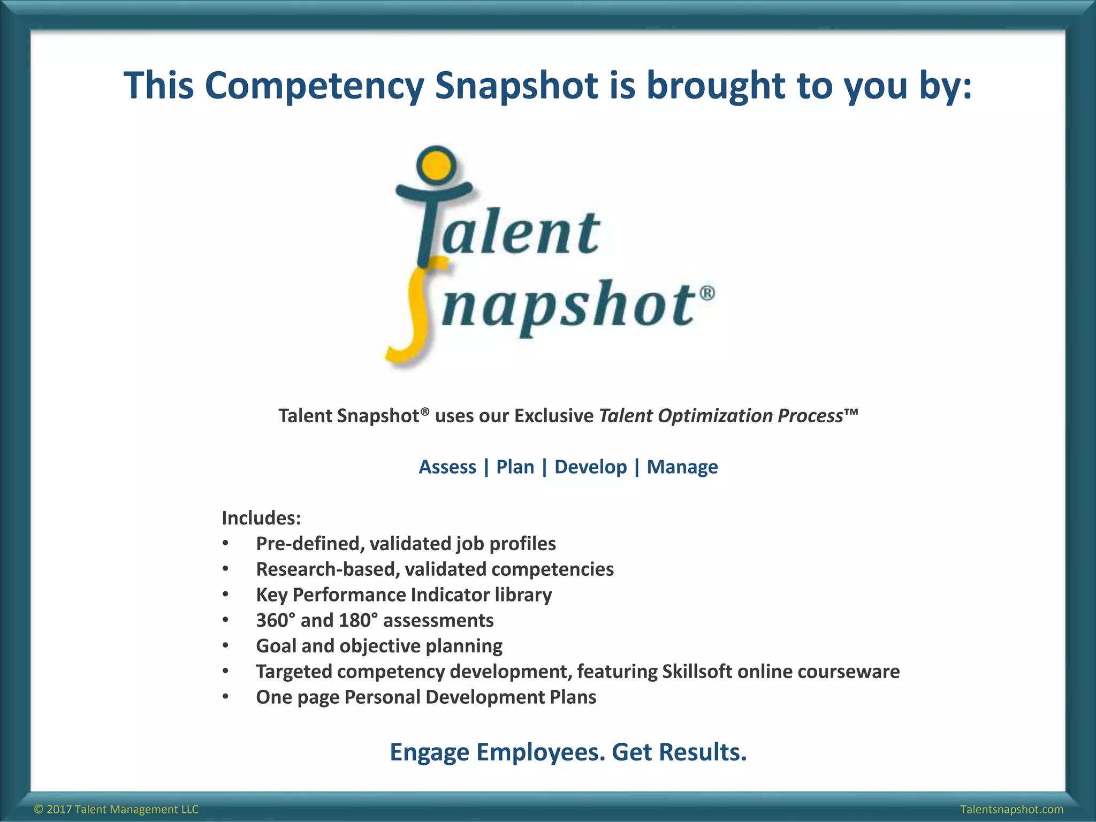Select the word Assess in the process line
447,467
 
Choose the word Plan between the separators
515,467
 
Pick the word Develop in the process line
590,467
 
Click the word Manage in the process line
682,467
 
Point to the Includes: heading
261,518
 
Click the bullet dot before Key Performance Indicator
226,595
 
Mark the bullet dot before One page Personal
226,697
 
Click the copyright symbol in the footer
38,809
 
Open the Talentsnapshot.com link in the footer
1011,809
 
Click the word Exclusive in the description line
553,416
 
